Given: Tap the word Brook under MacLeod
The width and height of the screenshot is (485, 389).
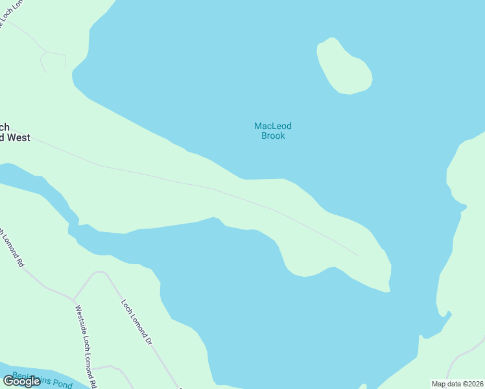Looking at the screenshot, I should click(272, 136).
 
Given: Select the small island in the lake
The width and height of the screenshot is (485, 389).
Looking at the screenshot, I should click(344, 67).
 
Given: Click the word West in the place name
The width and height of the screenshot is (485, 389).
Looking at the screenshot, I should click(19, 137).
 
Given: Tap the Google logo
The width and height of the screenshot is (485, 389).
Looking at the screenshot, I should click(21, 381).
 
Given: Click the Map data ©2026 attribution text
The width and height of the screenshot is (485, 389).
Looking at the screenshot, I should click(457, 384).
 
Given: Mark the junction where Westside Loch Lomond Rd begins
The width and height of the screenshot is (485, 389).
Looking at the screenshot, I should click(73, 300).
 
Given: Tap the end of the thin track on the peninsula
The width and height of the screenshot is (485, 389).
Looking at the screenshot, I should click(358, 255).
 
